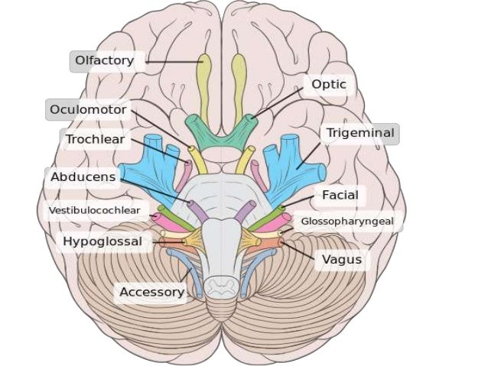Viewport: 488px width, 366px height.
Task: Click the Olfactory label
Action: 104,60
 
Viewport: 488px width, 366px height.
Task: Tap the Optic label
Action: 328,85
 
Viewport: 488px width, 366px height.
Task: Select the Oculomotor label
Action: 88,110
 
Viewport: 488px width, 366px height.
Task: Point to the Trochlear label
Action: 95,139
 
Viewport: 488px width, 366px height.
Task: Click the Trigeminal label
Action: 359,134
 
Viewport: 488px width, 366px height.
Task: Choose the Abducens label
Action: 83,177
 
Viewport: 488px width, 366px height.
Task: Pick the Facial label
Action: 340,196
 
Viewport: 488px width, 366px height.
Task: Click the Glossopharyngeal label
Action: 346,222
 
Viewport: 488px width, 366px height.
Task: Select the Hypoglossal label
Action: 102,241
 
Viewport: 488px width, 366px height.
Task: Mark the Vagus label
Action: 341,260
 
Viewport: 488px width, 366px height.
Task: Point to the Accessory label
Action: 151,292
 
